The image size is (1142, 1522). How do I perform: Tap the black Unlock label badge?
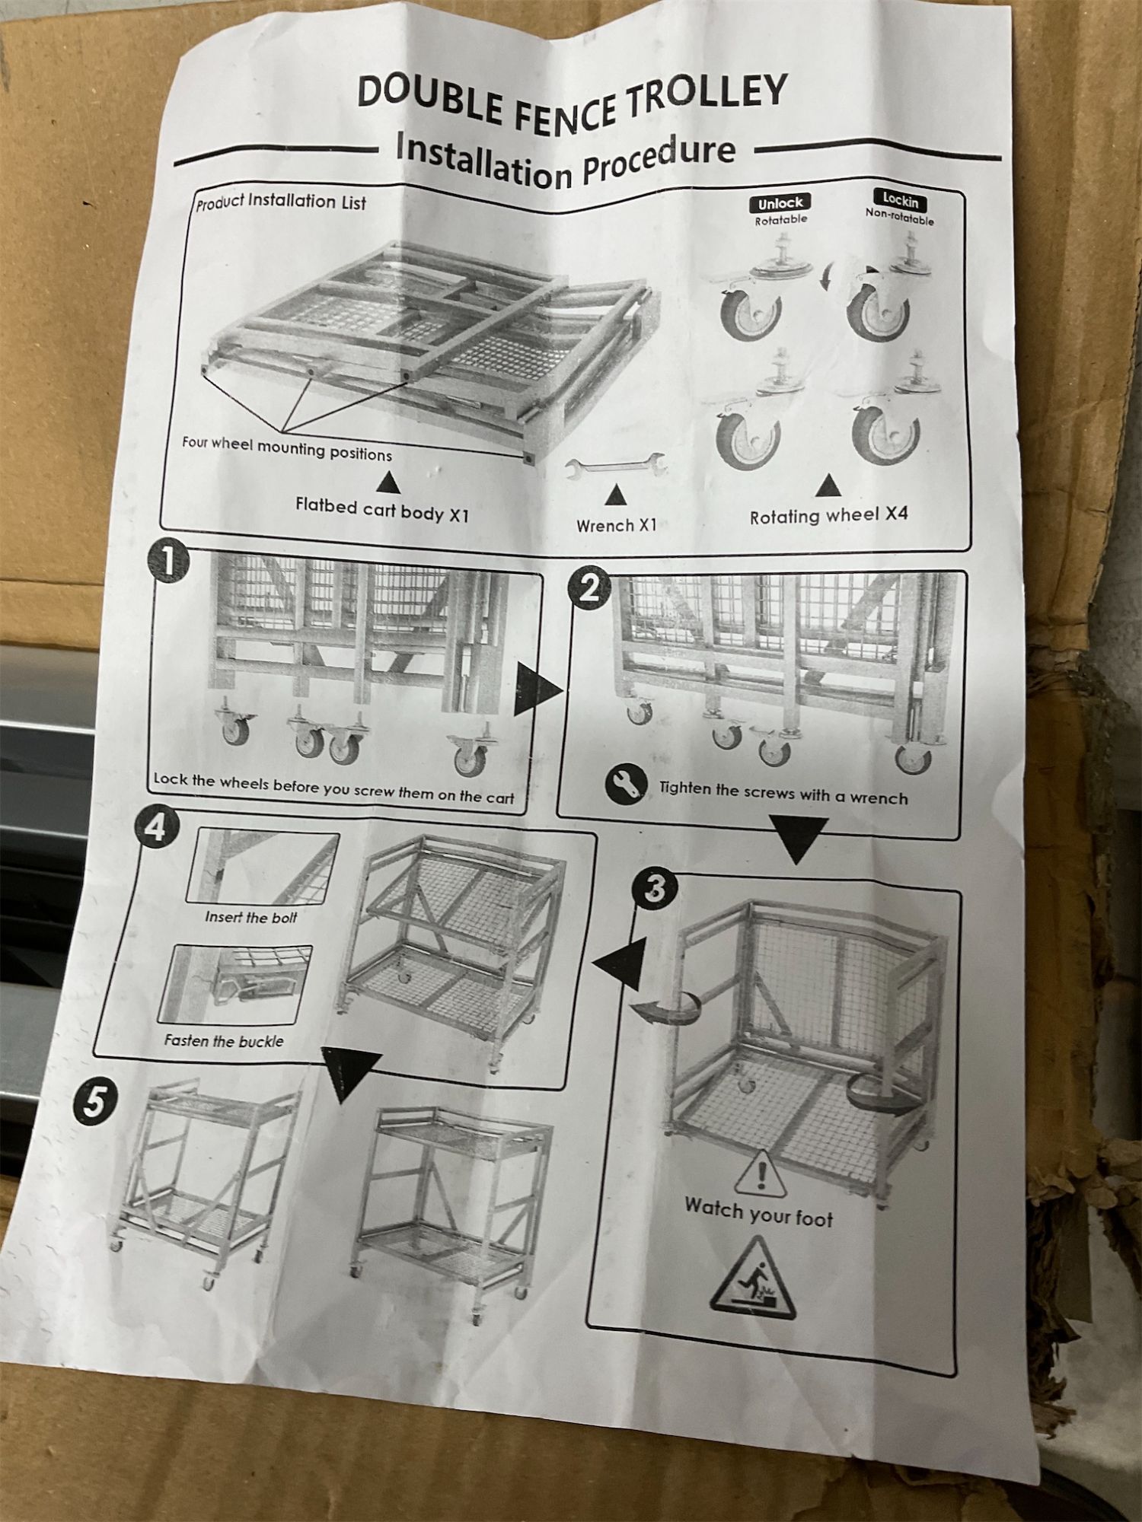780,203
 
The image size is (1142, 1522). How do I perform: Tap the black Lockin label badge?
900,200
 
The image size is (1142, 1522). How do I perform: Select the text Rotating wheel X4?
828,516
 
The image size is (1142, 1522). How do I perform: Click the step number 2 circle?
589,588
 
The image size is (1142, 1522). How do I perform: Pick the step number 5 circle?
94,1102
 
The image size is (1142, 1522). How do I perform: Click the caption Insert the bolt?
250,917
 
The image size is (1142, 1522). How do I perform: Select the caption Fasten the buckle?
224,1040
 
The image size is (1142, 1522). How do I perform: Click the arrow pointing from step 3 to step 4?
617,963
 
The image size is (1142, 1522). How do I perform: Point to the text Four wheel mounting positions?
286,448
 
